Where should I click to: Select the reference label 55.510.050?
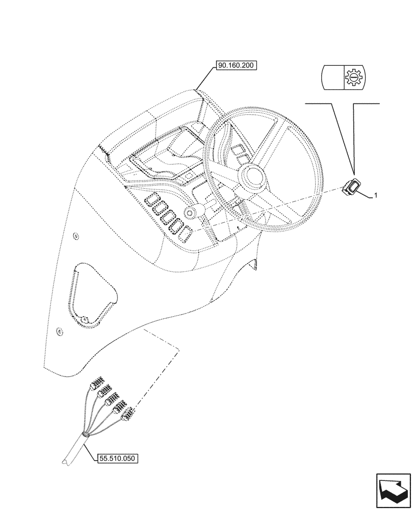pos(117,458)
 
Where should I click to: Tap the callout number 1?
pos(376,195)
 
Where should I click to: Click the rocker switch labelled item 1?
pos(351,188)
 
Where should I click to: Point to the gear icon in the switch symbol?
pos(351,78)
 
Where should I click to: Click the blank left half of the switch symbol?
pos(332,78)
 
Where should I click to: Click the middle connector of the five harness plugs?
pos(111,399)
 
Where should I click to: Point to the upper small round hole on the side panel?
pos(75,236)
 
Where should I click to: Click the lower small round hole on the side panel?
pos(59,331)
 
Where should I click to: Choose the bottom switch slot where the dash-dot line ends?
pos(186,232)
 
